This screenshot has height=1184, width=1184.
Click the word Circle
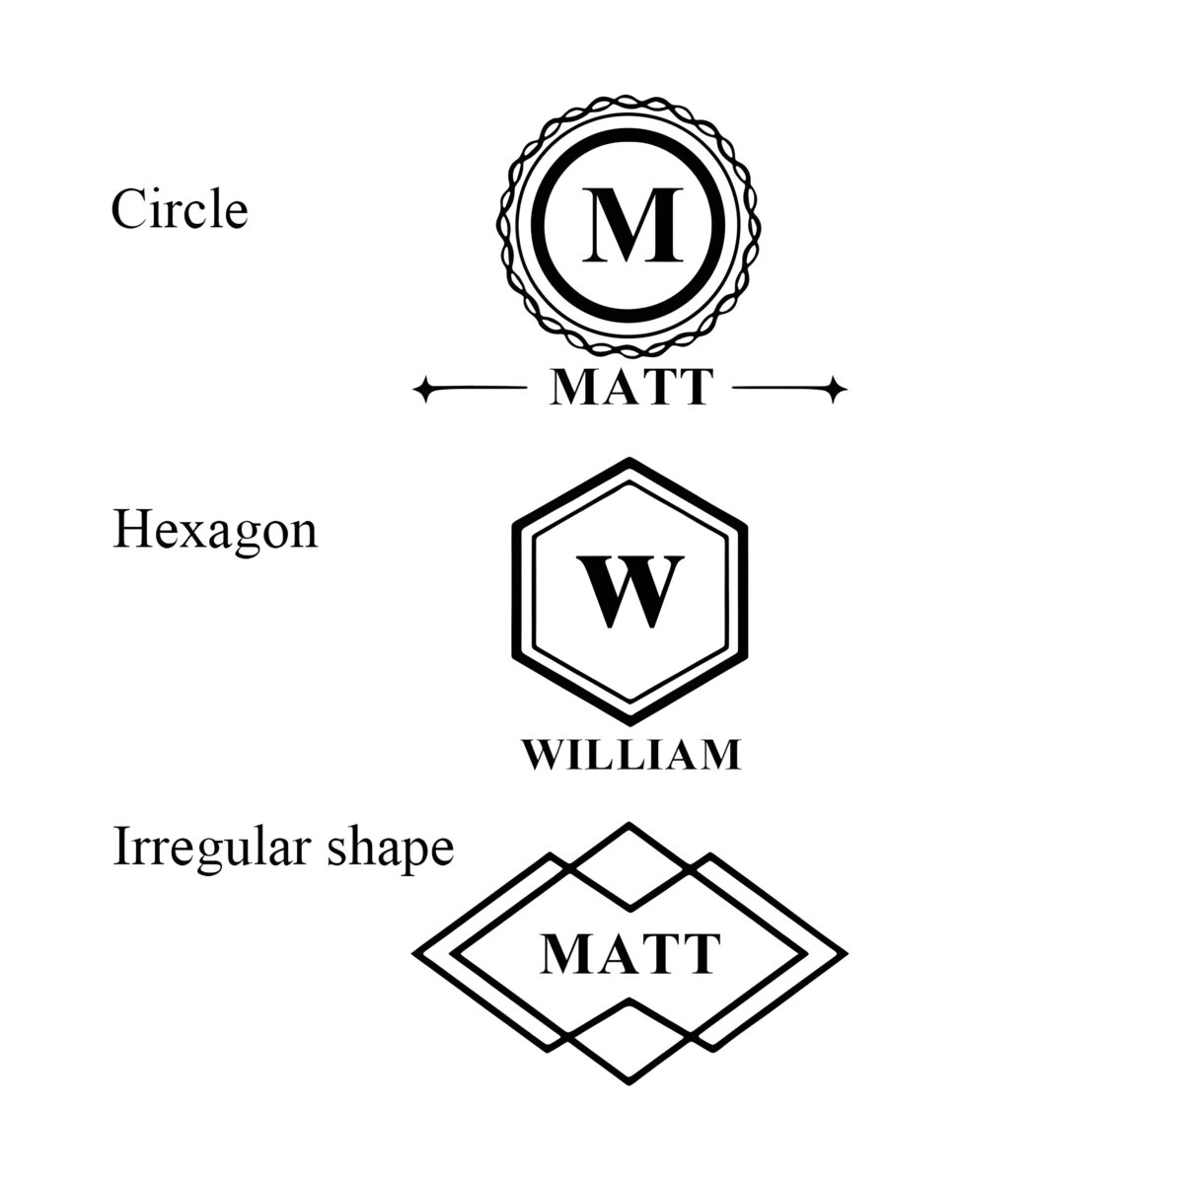coord(180,209)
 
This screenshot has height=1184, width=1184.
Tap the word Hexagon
coord(215,532)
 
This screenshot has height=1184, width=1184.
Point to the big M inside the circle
coord(632,226)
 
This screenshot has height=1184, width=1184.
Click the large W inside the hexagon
coord(630,592)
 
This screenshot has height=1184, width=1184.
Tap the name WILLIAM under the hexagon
coord(631,755)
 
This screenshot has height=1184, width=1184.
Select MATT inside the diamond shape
coord(630,953)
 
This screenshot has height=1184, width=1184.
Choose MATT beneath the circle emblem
coord(631,387)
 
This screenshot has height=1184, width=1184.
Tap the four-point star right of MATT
coord(835,389)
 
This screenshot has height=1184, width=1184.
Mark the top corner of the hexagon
coord(629,458)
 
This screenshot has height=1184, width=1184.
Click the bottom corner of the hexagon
coord(629,725)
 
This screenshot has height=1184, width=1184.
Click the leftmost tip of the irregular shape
coord(412,953)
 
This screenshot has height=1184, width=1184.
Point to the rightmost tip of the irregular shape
coord(848,953)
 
